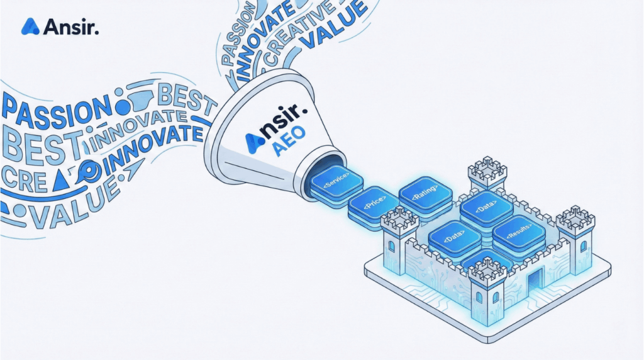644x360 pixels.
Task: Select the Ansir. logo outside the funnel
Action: [x=60, y=26]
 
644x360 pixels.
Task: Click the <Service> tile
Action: [x=333, y=183]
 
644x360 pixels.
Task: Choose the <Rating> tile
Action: [x=425, y=192]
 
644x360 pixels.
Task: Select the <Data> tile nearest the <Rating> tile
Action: [x=486, y=207]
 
